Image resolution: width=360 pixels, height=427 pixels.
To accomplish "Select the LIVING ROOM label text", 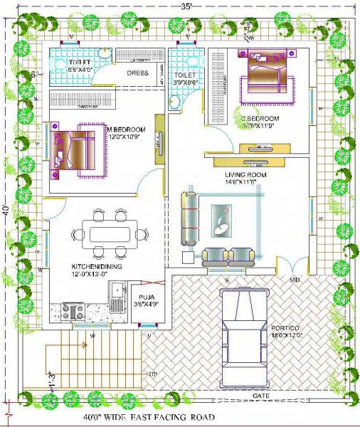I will [245, 174].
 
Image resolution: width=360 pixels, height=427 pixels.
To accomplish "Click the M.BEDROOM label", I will [127, 130].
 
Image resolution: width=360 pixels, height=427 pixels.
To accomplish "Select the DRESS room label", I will [137, 73].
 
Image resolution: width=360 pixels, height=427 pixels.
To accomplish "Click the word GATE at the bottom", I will [260, 394].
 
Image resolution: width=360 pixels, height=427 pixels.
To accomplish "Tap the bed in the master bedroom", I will [75, 152].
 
